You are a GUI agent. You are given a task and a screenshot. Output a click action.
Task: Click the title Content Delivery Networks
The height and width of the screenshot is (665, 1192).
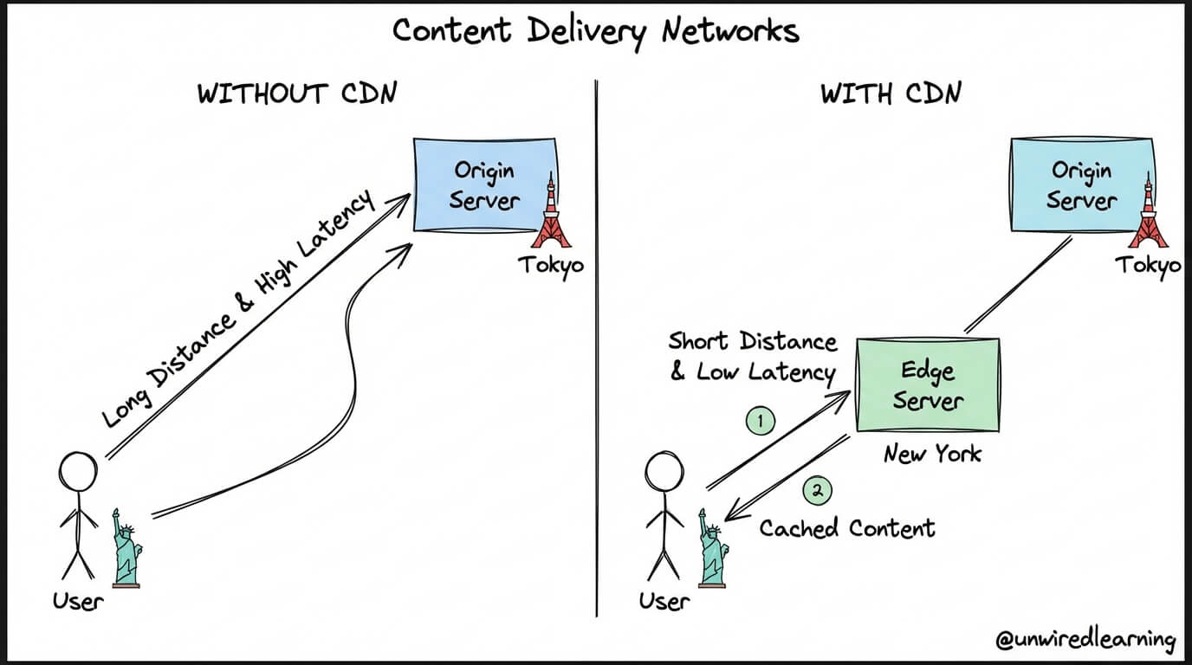pyautogui.click(x=596, y=31)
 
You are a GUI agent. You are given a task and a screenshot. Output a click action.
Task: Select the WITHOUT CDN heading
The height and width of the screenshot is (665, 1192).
pyautogui.click(x=297, y=94)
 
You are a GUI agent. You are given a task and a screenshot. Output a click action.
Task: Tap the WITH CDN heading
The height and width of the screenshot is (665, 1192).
pyautogui.click(x=891, y=94)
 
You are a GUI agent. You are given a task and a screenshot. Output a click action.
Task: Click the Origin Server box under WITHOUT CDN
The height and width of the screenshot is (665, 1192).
pyautogui.click(x=486, y=185)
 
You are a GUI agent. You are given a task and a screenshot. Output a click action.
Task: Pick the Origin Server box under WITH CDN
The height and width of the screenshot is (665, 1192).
pyautogui.click(x=1082, y=185)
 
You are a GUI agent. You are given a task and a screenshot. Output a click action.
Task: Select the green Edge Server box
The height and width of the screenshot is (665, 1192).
pyautogui.click(x=928, y=384)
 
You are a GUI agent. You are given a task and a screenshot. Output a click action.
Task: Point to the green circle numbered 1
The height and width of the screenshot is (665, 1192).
pyautogui.click(x=761, y=422)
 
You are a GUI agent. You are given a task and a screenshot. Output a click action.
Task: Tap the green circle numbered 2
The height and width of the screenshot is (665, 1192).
pyautogui.click(x=818, y=490)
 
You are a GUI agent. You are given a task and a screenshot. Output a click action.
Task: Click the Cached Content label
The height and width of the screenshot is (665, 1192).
pyautogui.click(x=846, y=528)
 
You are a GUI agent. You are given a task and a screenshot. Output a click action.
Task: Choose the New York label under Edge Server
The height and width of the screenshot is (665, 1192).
pyautogui.click(x=932, y=454)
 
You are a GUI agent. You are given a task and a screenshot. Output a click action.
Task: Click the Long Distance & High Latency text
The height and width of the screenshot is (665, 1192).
pyautogui.click(x=238, y=309)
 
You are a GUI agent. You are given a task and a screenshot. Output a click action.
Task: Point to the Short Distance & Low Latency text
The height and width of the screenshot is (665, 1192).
pyautogui.click(x=753, y=357)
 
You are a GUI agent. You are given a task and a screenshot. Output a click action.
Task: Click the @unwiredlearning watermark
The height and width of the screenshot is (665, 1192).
pyautogui.click(x=1085, y=638)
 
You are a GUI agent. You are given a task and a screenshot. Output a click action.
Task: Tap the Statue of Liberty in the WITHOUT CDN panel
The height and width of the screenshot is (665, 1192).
pyautogui.click(x=126, y=548)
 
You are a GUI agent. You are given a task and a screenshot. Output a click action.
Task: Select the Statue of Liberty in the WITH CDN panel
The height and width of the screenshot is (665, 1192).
pyautogui.click(x=713, y=548)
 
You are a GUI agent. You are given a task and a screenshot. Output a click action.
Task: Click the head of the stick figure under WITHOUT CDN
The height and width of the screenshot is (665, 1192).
pyautogui.click(x=78, y=472)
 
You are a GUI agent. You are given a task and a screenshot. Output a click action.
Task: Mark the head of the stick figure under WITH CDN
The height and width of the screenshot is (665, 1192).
pyautogui.click(x=664, y=472)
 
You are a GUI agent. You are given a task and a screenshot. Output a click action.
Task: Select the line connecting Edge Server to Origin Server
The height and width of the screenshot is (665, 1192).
pyautogui.click(x=1018, y=285)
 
